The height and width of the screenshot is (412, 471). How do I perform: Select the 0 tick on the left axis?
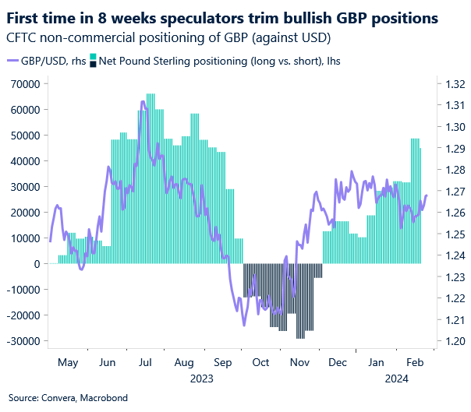click(x=35, y=264)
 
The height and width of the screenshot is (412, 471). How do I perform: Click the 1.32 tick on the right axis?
click(x=453, y=84)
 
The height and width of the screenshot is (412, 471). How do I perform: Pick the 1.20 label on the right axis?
click(x=453, y=341)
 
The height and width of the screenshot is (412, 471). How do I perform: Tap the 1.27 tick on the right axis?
click(x=453, y=191)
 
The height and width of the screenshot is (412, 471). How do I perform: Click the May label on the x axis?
click(x=67, y=363)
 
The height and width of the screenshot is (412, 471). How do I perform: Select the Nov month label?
click(x=299, y=363)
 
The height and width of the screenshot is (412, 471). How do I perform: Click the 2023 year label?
click(x=200, y=378)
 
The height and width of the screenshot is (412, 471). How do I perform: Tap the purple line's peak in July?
click(x=143, y=100)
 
